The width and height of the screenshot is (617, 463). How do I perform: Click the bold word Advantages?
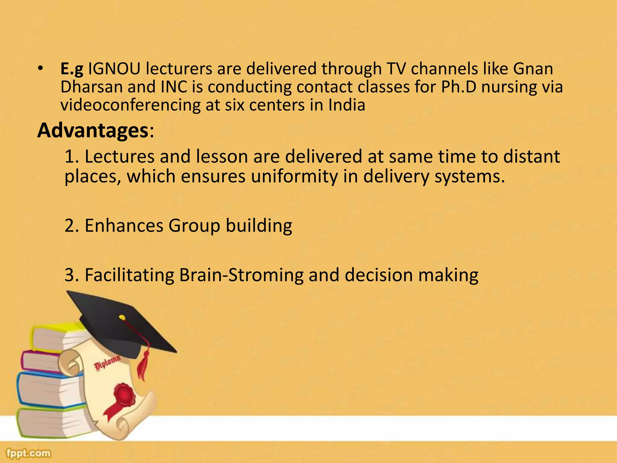[92, 131]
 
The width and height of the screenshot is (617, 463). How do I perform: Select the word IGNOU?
[114, 69]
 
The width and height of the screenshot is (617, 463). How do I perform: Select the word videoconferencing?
[130, 105]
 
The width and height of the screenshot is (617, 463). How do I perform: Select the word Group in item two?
[194, 226]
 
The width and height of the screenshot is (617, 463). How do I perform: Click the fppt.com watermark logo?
[29, 453]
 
